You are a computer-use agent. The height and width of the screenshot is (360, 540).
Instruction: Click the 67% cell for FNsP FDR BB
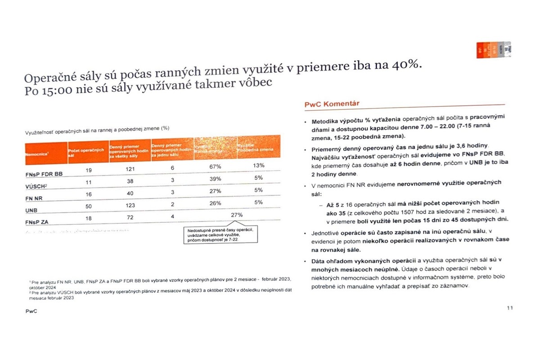tap(215, 166)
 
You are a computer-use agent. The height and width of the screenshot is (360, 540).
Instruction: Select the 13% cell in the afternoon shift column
tap(258, 165)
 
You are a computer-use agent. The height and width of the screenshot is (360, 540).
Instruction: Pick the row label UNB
tap(31, 210)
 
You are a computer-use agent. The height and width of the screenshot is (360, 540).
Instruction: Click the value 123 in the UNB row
tap(128, 205)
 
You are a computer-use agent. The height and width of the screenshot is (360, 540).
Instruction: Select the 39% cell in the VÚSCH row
tap(215, 178)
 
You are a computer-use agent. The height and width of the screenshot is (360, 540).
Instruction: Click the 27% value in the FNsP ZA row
tap(237, 215)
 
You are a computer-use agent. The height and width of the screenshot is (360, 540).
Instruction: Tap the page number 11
tap(510, 308)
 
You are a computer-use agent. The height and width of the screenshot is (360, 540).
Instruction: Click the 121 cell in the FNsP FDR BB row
tap(129, 168)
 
